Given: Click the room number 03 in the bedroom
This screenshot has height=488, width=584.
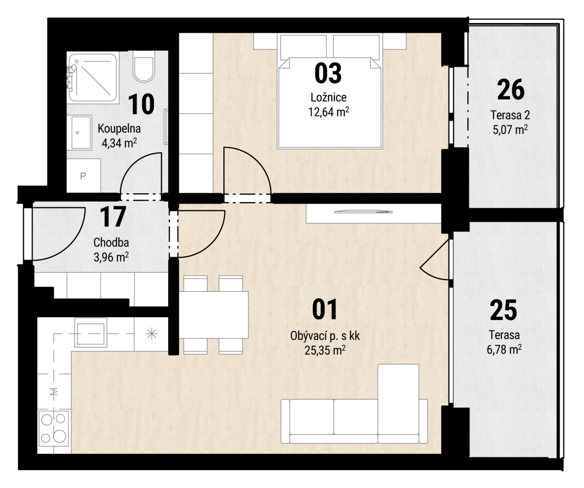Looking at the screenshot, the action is [328, 73].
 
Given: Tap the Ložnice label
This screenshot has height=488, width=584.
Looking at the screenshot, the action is [328, 98].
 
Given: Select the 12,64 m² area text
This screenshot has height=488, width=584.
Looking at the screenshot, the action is [328, 112].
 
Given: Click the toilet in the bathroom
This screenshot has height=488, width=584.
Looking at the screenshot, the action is [144, 67].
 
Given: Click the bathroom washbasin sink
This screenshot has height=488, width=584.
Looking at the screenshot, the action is [81, 132].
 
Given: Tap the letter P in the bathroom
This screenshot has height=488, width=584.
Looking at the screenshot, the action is [83, 176].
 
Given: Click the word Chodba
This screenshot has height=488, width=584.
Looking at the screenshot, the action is [111, 243].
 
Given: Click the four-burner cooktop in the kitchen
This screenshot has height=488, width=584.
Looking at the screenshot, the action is [54, 428].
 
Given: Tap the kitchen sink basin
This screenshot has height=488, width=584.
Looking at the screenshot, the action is [90, 332].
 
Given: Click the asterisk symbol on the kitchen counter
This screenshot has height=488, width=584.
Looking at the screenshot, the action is [151, 334].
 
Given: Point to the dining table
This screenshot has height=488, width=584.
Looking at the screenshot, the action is [214, 315].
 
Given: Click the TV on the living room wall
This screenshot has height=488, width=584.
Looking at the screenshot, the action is [364, 212].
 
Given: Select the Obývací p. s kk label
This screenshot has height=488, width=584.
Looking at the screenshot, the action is [325, 336].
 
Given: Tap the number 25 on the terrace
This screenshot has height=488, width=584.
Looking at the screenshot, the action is [503, 310].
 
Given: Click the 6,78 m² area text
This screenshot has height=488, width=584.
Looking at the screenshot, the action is [504, 349].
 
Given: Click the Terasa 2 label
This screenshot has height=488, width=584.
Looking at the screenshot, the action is [510, 115].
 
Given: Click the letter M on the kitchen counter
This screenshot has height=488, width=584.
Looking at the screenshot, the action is [54, 391].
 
